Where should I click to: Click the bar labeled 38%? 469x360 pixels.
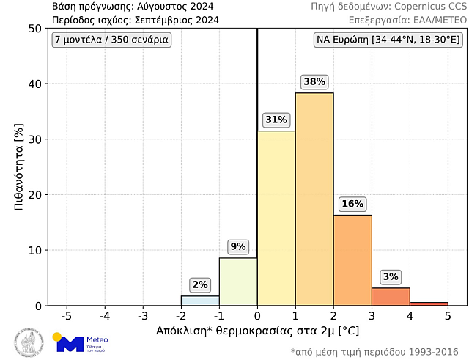click(x=314, y=199)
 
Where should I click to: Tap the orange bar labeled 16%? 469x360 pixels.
click(x=352, y=260)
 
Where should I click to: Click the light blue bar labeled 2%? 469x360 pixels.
click(x=200, y=301)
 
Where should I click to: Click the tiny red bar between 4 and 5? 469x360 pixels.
click(x=429, y=304)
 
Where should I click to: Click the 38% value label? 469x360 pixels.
click(x=314, y=82)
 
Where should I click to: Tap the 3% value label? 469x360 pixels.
click(x=391, y=276)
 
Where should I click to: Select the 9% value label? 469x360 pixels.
click(x=238, y=246)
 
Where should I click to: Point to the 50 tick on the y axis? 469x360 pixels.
click(x=34, y=29)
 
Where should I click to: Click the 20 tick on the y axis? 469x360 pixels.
click(x=34, y=195)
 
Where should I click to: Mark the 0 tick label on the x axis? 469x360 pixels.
click(x=257, y=316)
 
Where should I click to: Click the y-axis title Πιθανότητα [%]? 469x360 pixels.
click(x=19, y=167)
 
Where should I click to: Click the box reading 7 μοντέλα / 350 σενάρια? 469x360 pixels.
click(x=111, y=40)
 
